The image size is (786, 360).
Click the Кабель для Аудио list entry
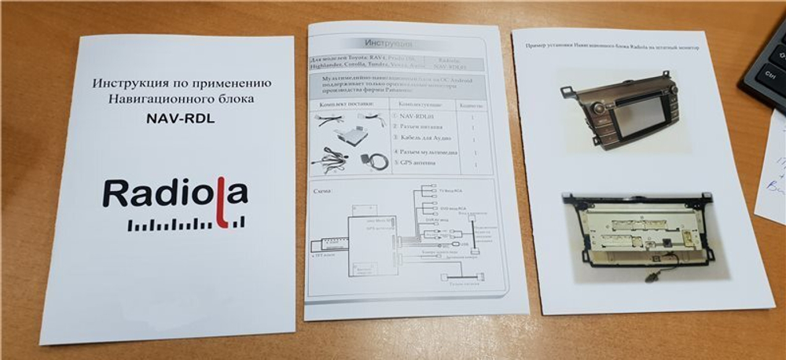point(424,138)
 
